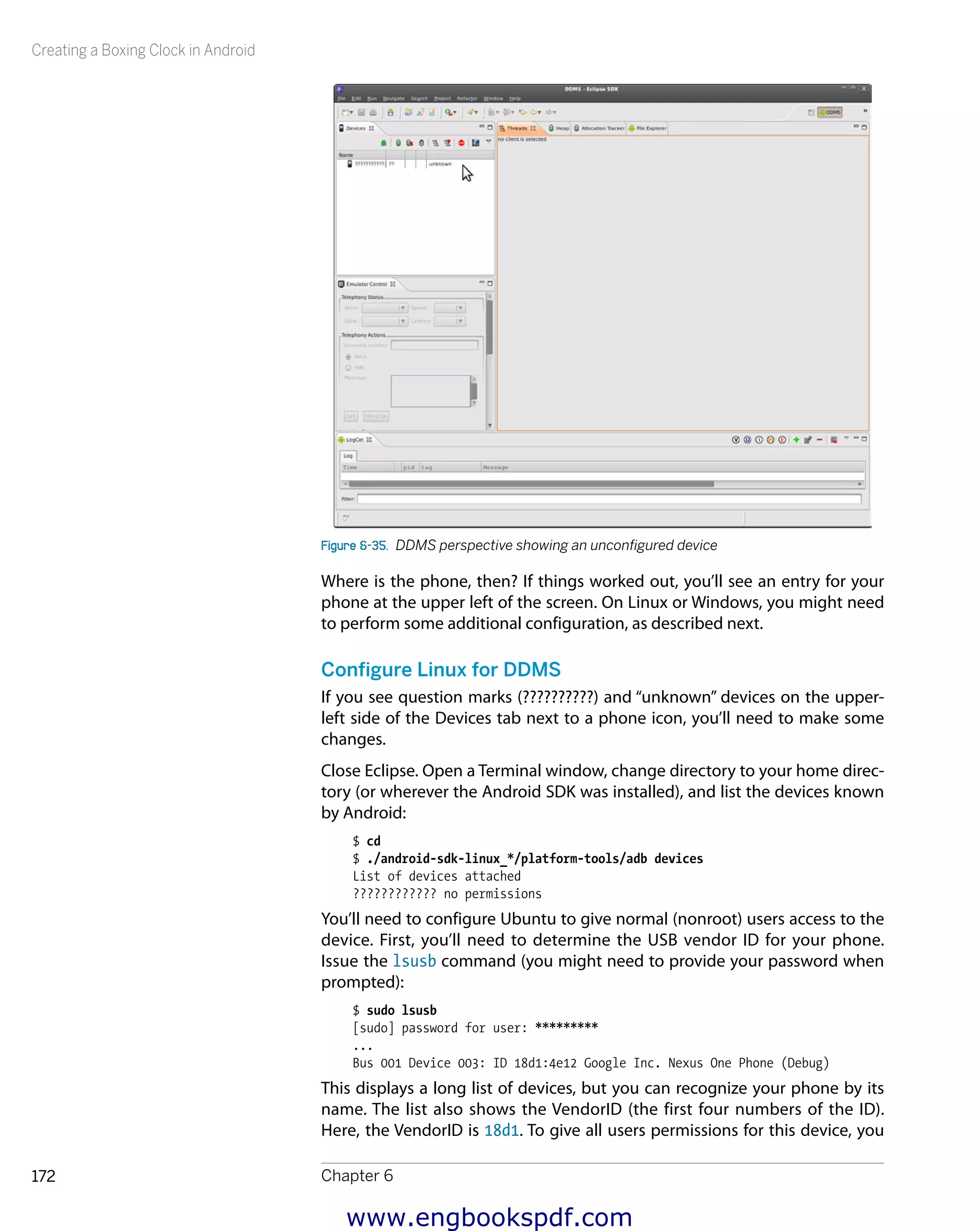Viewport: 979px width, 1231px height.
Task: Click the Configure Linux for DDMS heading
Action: [x=440, y=669]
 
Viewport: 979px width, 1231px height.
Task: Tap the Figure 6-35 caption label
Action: [x=354, y=545]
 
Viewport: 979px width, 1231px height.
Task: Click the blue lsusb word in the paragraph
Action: [x=414, y=961]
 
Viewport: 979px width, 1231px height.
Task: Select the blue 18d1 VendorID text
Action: [x=501, y=1130]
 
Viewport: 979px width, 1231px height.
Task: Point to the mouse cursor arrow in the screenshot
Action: [x=467, y=173]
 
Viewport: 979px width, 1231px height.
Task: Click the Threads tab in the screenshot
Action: [x=517, y=129]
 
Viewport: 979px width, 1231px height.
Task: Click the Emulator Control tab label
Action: [x=366, y=284]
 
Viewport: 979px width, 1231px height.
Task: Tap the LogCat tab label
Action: [x=354, y=440]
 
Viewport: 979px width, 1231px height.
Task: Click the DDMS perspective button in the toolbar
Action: [x=830, y=112]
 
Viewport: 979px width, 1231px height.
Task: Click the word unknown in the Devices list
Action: [x=440, y=164]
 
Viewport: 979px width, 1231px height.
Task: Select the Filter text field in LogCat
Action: [x=609, y=499]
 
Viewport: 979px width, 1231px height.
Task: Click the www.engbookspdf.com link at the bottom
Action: [x=489, y=1217]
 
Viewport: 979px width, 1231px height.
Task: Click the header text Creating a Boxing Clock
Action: [x=143, y=50]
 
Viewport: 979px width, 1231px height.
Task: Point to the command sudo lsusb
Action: [x=401, y=1010]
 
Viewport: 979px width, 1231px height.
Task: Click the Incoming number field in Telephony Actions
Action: [x=434, y=345]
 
